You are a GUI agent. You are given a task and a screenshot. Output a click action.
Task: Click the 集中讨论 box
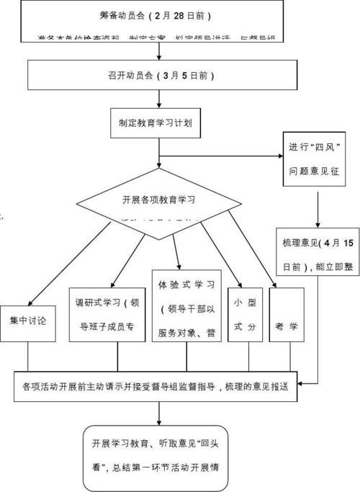point(28,316)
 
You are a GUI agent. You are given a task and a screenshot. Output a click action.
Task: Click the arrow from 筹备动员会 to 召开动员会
point(158,52)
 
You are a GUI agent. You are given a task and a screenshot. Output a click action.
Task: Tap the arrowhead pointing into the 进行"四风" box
point(279,154)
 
